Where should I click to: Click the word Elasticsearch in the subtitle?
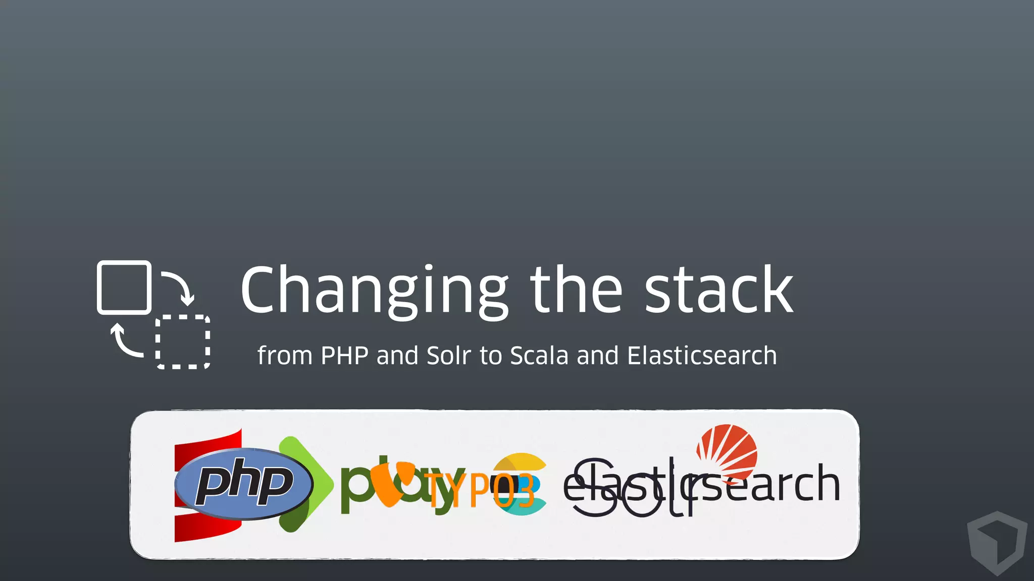(702, 356)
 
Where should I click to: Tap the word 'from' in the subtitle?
(285, 356)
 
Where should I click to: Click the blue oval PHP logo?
(243, 483)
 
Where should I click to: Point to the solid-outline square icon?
(124, 287)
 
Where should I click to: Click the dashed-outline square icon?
(183, 342)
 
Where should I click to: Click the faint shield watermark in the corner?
(997, 542)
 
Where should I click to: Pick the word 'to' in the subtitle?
(490, 356)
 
